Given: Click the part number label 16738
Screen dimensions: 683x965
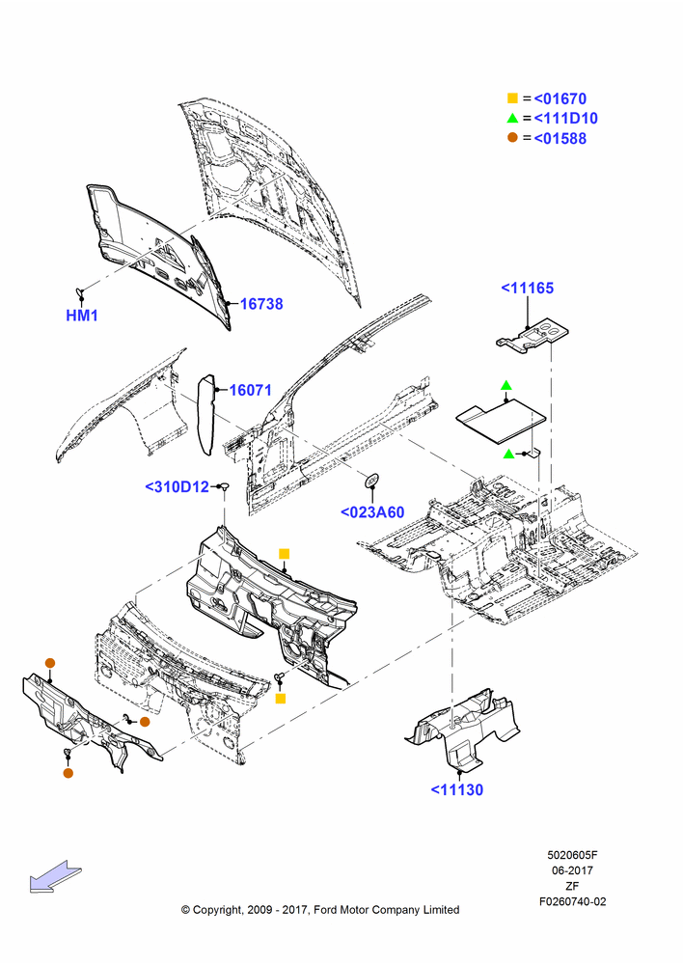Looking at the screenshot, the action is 260,303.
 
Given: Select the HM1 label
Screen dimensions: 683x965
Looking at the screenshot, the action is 82,316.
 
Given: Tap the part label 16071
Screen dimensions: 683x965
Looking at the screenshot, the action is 251,390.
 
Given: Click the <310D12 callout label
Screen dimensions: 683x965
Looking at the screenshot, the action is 178,486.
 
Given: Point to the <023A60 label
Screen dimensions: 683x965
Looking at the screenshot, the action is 372,512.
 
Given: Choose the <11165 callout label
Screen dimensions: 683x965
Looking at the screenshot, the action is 528,288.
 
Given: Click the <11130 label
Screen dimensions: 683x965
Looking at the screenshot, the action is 457,789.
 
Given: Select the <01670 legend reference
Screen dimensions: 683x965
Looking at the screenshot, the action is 560,98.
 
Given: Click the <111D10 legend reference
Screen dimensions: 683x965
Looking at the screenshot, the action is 565,118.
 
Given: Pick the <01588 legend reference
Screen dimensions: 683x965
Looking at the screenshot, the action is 560,138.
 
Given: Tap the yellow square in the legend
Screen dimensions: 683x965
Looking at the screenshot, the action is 512,97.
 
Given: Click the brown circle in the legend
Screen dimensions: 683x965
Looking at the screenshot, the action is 512,137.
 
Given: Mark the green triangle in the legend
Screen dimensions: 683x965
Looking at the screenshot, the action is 512,118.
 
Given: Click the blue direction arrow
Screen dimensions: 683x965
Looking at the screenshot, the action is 55,876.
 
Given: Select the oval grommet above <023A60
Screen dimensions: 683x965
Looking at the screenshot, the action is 371,480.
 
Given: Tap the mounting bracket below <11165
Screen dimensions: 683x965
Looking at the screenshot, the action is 533,337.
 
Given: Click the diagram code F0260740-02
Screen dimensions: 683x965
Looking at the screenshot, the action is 572,901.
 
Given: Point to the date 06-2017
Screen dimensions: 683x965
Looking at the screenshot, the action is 572,870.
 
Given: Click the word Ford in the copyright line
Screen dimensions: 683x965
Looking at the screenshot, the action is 327,910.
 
